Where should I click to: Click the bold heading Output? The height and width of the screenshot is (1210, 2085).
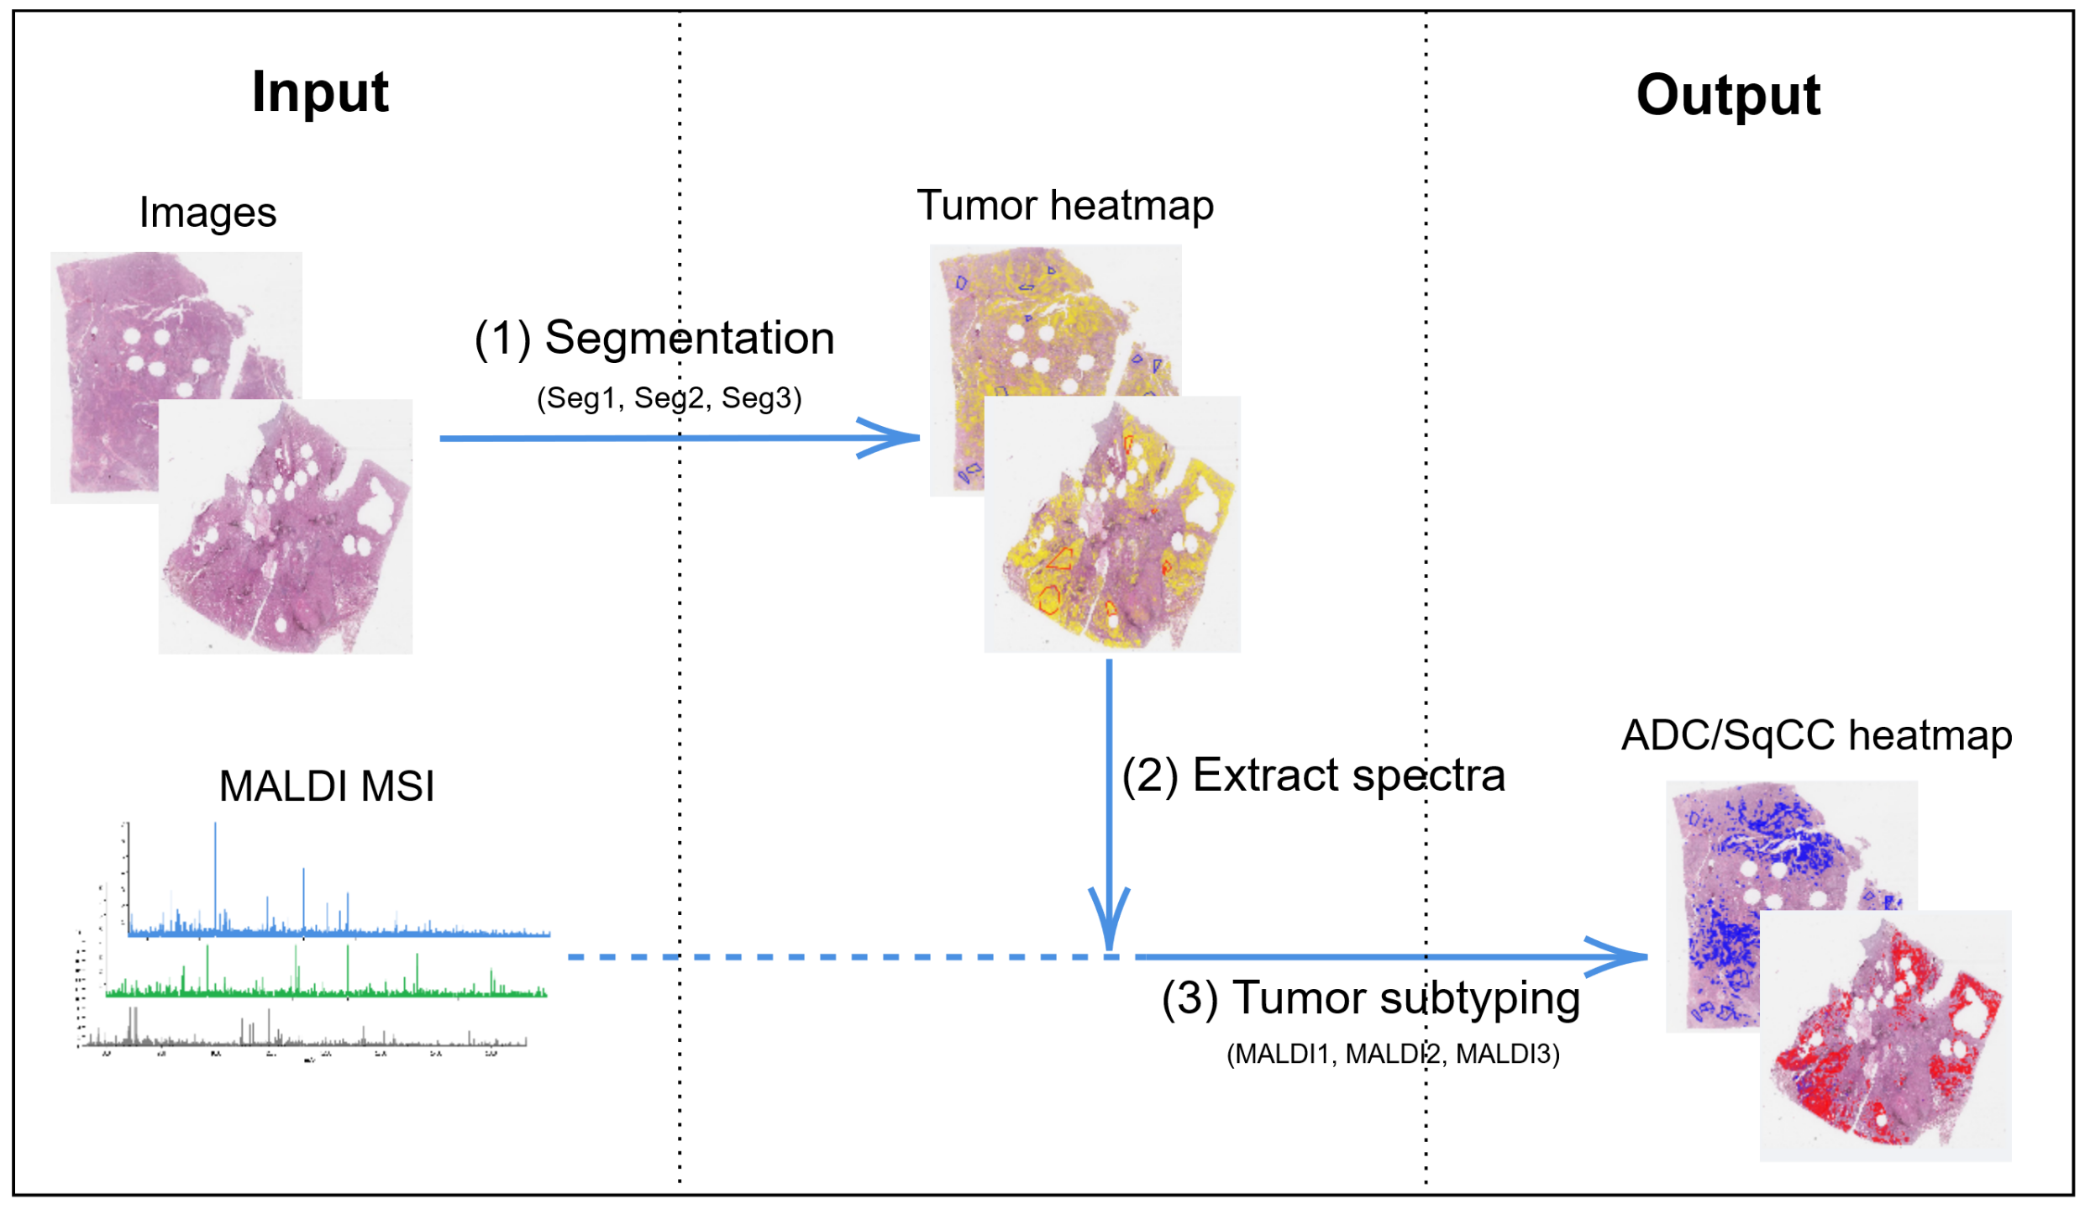tap(1727, 94)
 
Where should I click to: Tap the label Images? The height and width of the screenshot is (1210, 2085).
tap(207, 212)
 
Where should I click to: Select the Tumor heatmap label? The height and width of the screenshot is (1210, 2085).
tap(1064, 205)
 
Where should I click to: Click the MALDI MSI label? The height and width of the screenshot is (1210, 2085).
tap(327, 786)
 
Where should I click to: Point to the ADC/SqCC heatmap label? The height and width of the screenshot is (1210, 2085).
tap(1815, 735)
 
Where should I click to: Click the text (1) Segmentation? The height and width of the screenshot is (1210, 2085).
tap(654, 338)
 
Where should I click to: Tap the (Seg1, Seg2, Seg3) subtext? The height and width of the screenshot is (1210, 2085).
tap(669, 397)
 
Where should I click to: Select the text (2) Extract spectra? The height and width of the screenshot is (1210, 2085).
tap(1312, 775)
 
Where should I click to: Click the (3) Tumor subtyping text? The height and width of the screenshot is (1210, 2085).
tap(1370, 998)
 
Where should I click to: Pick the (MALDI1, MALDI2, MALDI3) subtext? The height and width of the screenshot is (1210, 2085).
tap(1392, 1054)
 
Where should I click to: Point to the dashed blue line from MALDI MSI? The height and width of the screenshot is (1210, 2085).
tap(840, 957)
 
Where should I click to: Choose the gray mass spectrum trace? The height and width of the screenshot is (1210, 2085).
tap(302, 1040)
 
